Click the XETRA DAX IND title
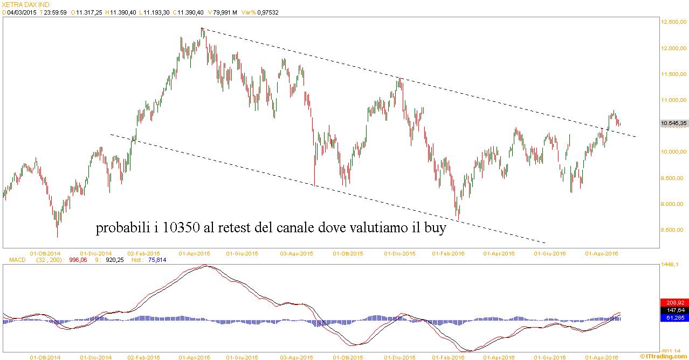point(26,4)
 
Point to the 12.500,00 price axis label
point(674,22)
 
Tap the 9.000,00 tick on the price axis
point(674,204)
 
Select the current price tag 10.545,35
point(674,123)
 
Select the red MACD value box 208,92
point(674,303)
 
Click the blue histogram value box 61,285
point(674,318)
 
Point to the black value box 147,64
point(674,310)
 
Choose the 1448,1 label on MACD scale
point(674,264)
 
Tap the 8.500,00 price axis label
point(674,230)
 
